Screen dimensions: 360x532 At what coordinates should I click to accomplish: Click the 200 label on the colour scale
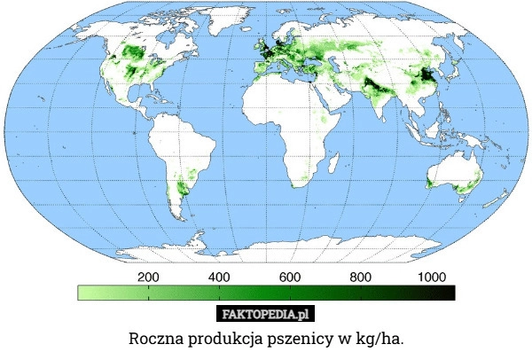(148, 277)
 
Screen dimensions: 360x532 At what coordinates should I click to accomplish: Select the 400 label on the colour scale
(219, 277)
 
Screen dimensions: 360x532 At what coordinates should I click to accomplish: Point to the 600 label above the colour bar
(290, 277)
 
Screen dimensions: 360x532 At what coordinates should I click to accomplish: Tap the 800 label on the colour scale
(360, 277)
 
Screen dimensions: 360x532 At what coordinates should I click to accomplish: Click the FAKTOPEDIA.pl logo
(265, 315)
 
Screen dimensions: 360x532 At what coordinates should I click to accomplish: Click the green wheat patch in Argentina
(184, 187)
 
